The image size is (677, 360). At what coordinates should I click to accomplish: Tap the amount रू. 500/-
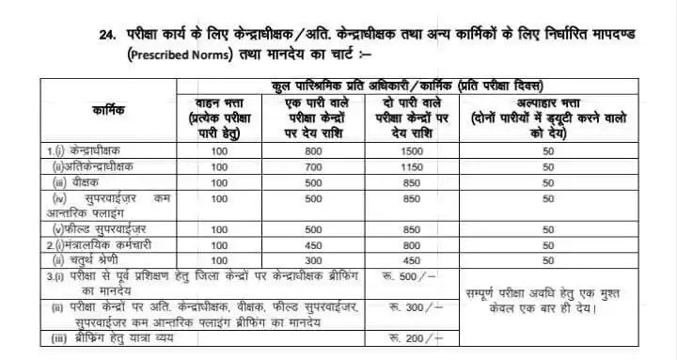[413, 276]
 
